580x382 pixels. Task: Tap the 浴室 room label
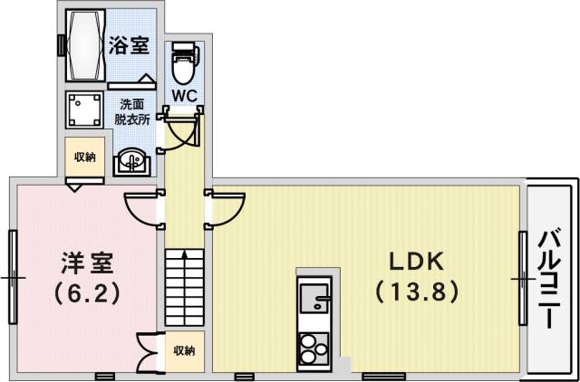tap(129, 45)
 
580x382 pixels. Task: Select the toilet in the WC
tap(184, 61)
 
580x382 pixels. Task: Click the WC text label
tap(184, 94)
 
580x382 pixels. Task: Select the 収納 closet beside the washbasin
tap(85, 158)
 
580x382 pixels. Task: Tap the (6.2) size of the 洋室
tap(88, 292)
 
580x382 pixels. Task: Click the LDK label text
tap(415, 263)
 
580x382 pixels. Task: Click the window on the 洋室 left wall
tap(13, 276)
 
